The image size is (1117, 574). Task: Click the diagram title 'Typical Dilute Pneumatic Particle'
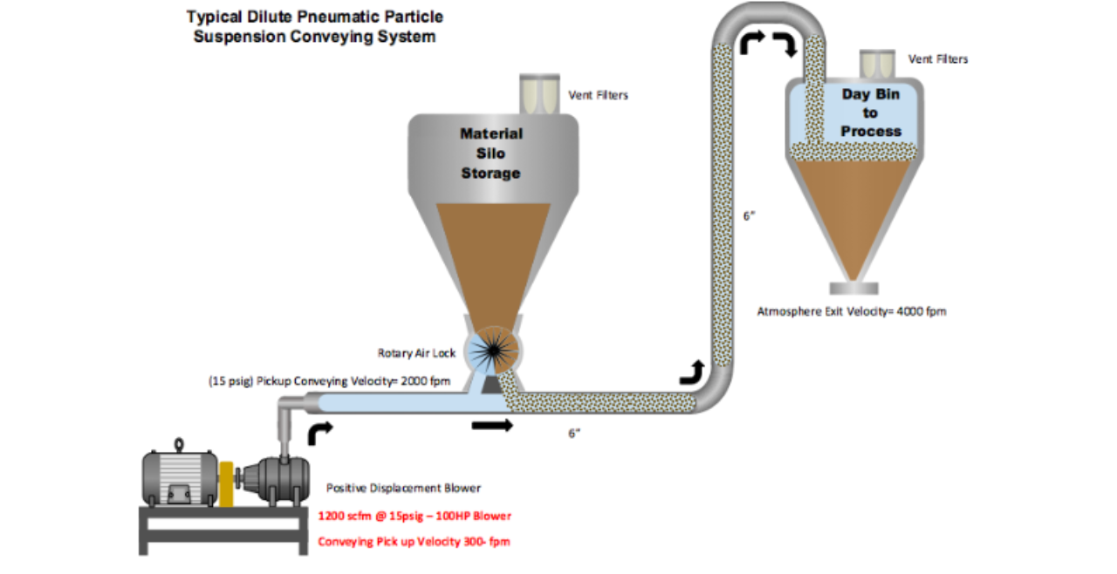pos(314,17)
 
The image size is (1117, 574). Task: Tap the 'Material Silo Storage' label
pos(491,154)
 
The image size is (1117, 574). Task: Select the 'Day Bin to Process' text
pos(870,113)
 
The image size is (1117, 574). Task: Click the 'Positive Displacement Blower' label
pos(403,488)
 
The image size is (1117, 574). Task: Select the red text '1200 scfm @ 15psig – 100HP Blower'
pos(415,516)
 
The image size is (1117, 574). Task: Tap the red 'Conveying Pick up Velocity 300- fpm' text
pos(414,542)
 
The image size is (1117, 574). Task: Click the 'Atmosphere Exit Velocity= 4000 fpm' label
pos(852,311)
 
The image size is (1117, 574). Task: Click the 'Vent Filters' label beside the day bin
pos(938,59)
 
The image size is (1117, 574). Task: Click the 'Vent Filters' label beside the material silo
pos(598,95)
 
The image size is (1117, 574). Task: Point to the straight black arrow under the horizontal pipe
pos(492,426)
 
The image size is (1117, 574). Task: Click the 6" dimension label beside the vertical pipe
pos(749,215)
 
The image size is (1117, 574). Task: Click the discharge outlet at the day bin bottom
pos(855,288)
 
